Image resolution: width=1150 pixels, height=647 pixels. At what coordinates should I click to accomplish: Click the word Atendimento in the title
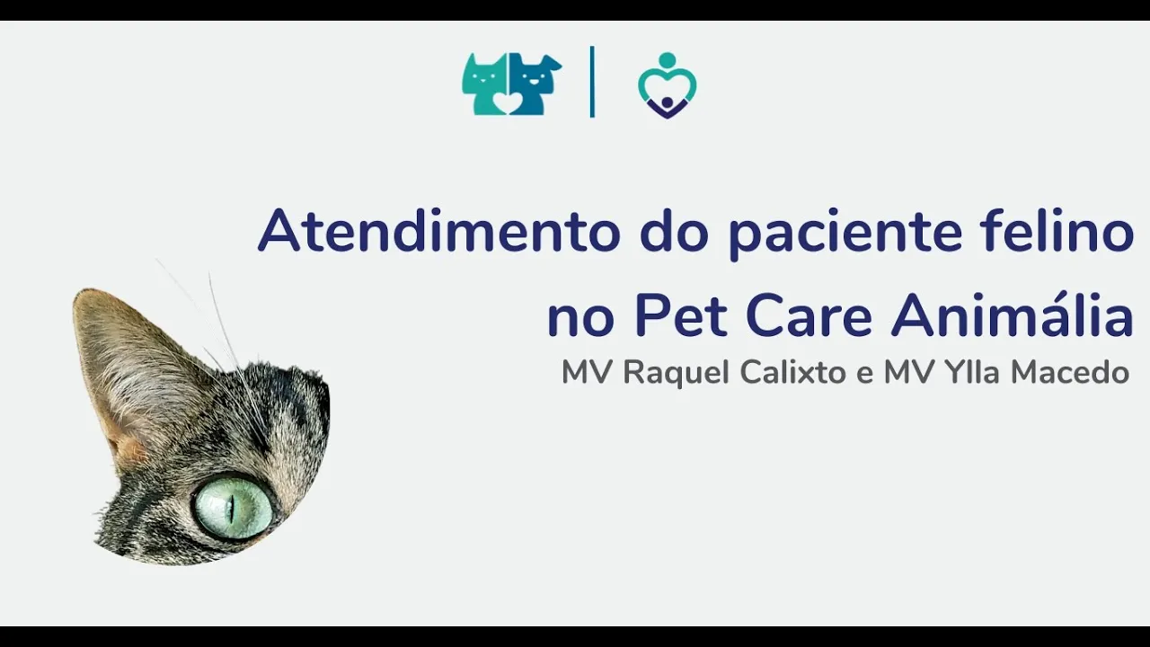(439, 230)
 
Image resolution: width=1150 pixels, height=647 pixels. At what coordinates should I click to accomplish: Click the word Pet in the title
(681, 315)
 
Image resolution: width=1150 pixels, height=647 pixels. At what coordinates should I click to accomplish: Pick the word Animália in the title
(1012, 314)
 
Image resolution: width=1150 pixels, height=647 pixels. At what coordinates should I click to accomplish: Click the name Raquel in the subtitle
(676, 373)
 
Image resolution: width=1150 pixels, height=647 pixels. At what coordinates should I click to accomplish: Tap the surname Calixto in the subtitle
(792, 372)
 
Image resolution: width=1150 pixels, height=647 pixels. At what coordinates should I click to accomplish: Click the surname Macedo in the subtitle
(1070, 372)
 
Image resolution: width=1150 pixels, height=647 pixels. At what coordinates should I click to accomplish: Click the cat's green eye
(233, 507)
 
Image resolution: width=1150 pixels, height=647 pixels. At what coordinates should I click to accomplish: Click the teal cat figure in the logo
(484, 84)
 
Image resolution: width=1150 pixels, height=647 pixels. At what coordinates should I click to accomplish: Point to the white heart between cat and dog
(509, 102)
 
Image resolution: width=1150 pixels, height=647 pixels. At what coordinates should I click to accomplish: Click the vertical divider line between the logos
(592, 82)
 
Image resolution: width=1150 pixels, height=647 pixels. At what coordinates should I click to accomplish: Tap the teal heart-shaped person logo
(667, 85)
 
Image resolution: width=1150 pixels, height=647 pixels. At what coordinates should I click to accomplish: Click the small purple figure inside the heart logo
(667, 107)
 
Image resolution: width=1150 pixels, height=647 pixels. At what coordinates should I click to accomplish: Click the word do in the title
(674, 230)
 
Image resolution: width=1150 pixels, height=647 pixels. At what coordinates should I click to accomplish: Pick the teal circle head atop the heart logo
(667, 59)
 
